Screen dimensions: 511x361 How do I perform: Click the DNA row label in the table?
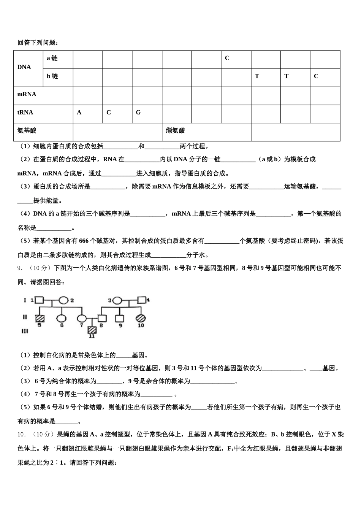pos(24,67)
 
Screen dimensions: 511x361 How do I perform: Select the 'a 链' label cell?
pos(52,58)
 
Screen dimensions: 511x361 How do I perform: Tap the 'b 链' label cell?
pos(52,76)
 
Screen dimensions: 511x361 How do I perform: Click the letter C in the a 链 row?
pos(227,58)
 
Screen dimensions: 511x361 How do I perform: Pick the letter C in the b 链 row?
pos(316,76)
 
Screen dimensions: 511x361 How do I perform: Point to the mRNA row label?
pos(27,94)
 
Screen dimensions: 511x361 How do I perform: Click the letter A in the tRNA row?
pos(79,113)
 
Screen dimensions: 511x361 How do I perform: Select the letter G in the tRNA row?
pos(138,113)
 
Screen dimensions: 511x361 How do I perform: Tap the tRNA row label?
pos(25,113)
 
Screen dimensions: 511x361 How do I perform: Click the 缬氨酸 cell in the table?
pos(175,131)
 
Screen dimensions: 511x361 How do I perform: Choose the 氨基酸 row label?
pos(27,131)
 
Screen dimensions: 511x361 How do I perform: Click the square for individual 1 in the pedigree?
pos(39,300)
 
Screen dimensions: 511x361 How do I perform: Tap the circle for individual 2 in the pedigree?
pos(63,300)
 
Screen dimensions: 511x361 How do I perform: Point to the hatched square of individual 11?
pos(91,330)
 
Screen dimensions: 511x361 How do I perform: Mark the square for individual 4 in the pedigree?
pos(142,300)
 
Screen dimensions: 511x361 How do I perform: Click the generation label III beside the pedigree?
pos(25,331)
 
